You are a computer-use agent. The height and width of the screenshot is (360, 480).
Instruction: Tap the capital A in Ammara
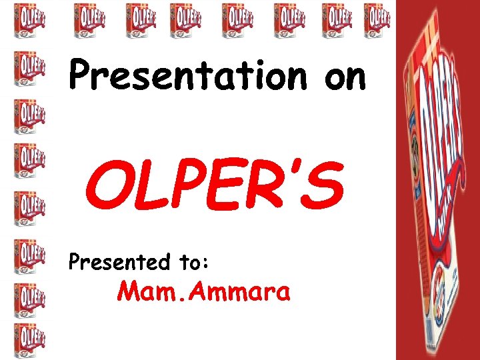[x=190, y=291]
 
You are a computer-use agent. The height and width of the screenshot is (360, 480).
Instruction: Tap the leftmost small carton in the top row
[x=89, y=19]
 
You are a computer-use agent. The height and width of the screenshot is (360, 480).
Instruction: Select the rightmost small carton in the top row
[x=378, y=19]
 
